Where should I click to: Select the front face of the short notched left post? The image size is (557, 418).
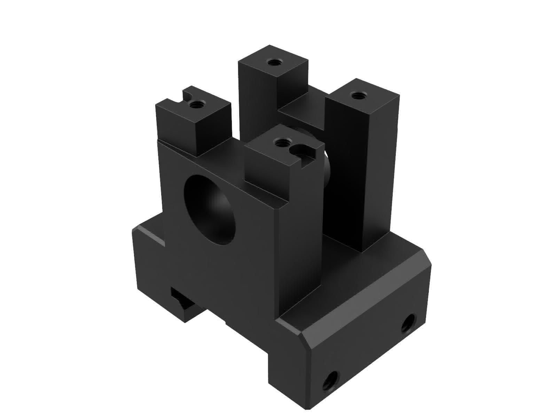point(178,129)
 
